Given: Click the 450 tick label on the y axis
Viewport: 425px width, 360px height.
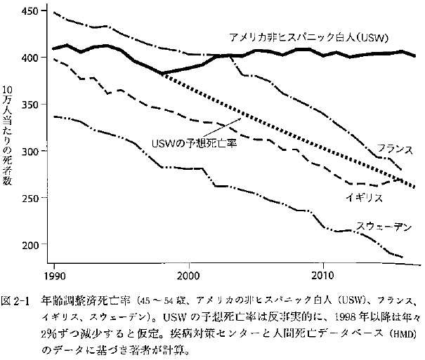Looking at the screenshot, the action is pyautogui.click(x=30, y=11).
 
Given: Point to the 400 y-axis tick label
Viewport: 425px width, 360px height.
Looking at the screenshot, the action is pyautogui.click(x=30, y=58).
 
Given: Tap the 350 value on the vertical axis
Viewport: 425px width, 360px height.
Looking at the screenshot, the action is pyautogui.click(x=30, y=105).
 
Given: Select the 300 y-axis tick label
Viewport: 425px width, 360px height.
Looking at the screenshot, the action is pyautogui.click(x=30, y=152).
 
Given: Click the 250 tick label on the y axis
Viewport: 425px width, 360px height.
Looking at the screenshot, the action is pyautogui.click(x=30, y=198).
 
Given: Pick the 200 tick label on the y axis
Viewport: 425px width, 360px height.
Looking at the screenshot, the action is pyautogui.click(x=30, y=245).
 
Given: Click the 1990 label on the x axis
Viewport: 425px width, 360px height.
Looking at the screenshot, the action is pyautogui.click(x=55, y=276).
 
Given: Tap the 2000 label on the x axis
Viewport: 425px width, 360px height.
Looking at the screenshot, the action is pyautogui.click(x=189, y=276).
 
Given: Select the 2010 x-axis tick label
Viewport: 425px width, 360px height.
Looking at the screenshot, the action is pyautogui.click(x=323, y=276).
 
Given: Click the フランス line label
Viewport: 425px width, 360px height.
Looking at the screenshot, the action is pyautogui.click(x=395, y=149).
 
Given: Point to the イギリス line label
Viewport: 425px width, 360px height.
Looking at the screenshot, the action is pyautogui.click(x=365, y=198).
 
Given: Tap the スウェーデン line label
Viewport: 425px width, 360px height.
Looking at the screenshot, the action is pyautogui.click(x=384, y=227).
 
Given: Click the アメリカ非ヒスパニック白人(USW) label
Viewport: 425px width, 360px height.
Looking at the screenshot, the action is pyautogui.click(x=308, y=37).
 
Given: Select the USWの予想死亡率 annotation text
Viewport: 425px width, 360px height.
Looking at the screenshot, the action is pyautogui.click(x=194, y=143).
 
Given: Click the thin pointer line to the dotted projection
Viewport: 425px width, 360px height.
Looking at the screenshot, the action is pyautogui.click(x=221, y=127).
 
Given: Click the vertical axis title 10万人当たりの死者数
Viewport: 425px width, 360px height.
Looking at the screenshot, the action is pyautogui.click(x=7, y=135).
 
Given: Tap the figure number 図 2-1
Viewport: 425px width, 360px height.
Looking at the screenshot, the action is pyautogui.click(x=15, y=301).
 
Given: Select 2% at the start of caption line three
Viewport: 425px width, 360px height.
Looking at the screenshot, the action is pyautogui.click(x=48, y=334).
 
